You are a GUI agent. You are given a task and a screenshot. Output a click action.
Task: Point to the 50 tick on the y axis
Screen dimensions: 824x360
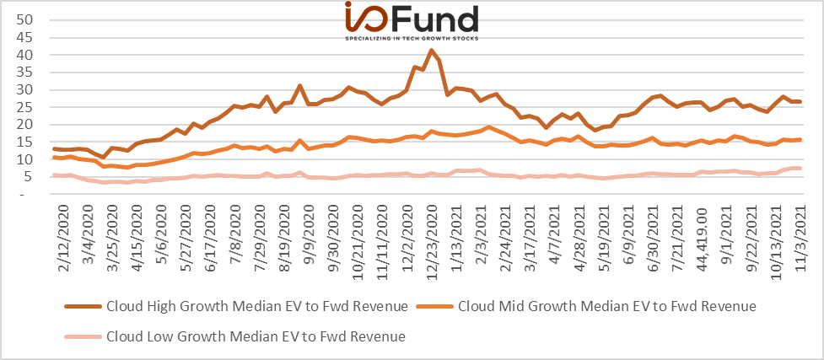(26, 20)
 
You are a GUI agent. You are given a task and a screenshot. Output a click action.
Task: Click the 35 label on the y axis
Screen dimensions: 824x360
(26, 73)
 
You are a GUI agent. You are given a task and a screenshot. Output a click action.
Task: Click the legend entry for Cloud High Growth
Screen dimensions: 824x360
(236, 306)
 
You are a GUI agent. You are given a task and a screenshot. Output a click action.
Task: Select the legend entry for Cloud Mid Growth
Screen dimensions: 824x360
(586, 306)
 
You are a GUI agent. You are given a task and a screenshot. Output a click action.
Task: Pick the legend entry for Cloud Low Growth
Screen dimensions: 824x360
(235, 336)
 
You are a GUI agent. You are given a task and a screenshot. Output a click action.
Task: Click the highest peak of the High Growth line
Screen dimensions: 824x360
(431, 51)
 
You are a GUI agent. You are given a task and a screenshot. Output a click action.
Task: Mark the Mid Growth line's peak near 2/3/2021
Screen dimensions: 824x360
(488, 127)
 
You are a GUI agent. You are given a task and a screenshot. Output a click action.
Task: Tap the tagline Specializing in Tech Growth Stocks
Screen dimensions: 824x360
(412, 39)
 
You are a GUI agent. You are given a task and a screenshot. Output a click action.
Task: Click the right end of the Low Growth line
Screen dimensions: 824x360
(800, 168)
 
